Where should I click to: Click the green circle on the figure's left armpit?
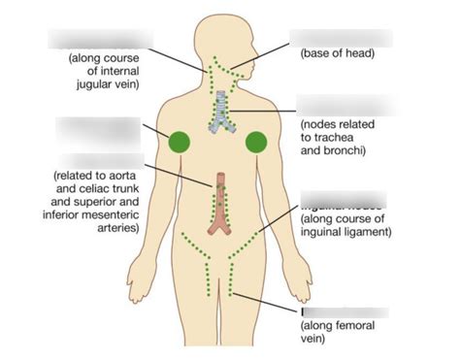(180, 142)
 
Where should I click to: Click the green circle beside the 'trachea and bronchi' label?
(256, 142)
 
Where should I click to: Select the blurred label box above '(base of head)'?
(340, 38)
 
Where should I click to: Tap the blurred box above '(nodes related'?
(346, 105)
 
